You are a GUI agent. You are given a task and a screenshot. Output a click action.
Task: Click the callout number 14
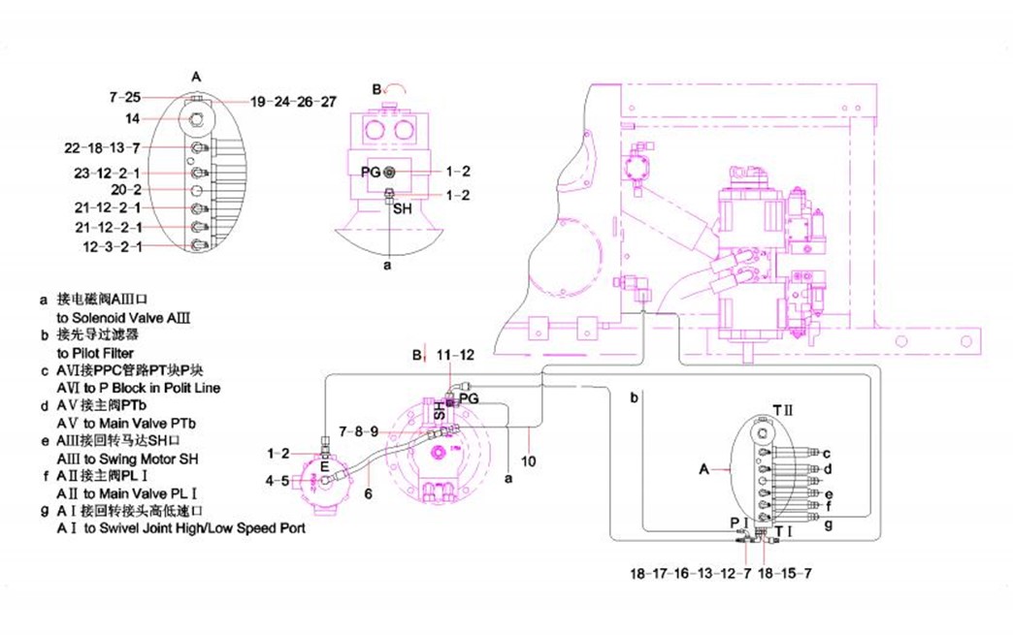point(131,118)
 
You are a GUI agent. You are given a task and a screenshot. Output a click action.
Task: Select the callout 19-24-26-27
point(293,102)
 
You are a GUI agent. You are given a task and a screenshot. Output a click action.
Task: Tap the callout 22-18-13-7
point(103,147)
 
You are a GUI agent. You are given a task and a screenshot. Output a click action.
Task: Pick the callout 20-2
point(126,190)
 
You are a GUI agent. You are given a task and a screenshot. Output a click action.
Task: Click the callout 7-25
point(125,97)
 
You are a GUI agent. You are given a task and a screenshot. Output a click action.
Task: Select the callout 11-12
point(456,356)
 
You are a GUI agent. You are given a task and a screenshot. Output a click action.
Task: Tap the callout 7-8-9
point(357,429)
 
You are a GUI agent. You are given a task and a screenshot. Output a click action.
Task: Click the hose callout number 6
point(369,493)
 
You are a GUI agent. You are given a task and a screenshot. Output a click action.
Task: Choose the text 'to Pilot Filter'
point(95,353)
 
